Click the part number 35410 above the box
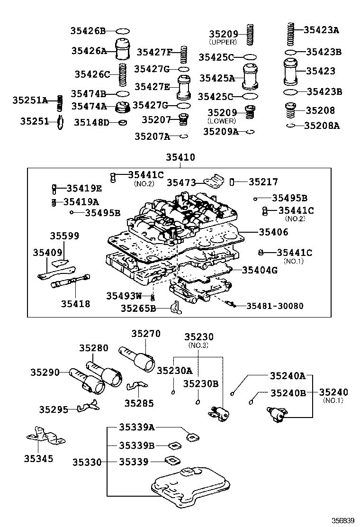(x=180, y=157)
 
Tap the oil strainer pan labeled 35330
(x=191, y=487)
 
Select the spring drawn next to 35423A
(x=291, y=34)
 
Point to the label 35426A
(x=89, y=51)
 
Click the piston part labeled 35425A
(x=251, y=77)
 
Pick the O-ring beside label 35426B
(x=123, y=31)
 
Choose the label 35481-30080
(x=275, y=306)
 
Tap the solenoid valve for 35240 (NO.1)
(x=277, y=414)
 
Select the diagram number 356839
(x=343, y=521)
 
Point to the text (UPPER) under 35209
(x=223, y=42)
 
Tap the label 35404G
(x=260, y=270)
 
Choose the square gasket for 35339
(x=172, y=461)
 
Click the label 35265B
(x=138, y=308)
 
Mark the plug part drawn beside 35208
(x=291, y=110)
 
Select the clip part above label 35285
(x=137, y=387)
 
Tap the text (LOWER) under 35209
(x=222, y=121)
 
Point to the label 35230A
(x=175, y=371)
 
